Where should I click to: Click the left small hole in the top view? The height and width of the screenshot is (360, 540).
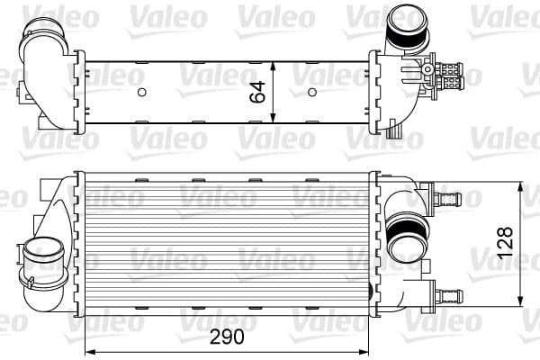(x=140, y=92)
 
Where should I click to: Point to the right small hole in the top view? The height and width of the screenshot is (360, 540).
(x=311, y=92)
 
